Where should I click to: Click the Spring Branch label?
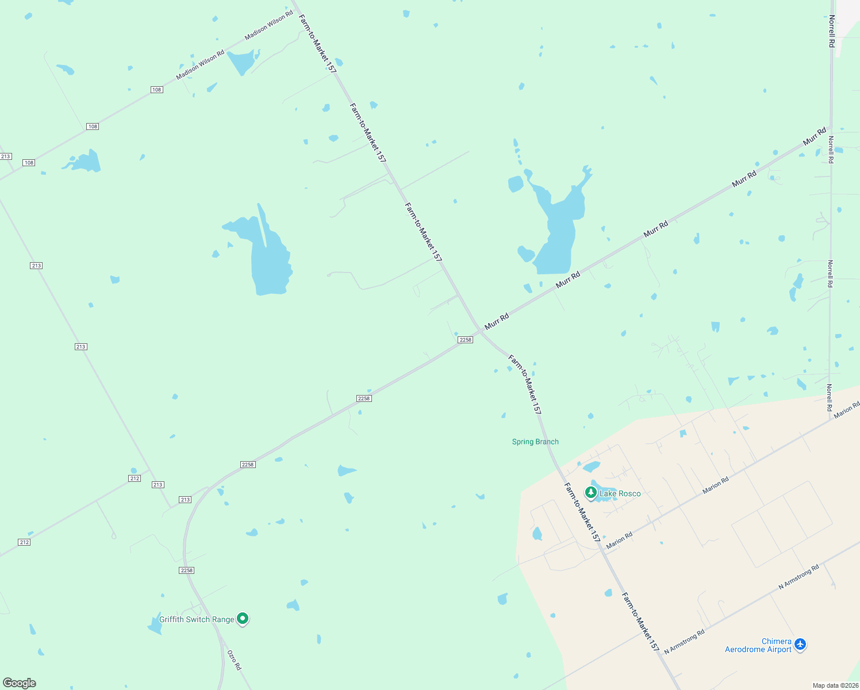click(x=535, y=442)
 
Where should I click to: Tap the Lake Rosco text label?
click(x=620, y=493)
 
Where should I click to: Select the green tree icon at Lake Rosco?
click(x=590, y=493)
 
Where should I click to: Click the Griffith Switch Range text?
click(x=197, y=619)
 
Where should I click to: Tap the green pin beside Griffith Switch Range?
click(x=243, y=619)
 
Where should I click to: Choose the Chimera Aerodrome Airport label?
click(x=758, y=645)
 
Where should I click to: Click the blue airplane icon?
click(x=800, y=645)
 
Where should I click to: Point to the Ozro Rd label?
click(x=234, y=660)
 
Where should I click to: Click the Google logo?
click(x=20, y=683)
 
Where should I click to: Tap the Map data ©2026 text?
click(x=835, y=685)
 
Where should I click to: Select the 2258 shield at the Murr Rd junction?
click(x=465, y=340)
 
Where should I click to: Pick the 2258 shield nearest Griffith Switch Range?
click(x=186, y=570)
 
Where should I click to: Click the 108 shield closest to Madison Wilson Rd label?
click(x=156, y=90)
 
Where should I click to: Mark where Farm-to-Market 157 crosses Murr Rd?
click(x=480, y=331)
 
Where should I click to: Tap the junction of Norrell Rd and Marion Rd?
click(x=831, y=419)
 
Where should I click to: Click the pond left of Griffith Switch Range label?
click(x=155, y=626)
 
